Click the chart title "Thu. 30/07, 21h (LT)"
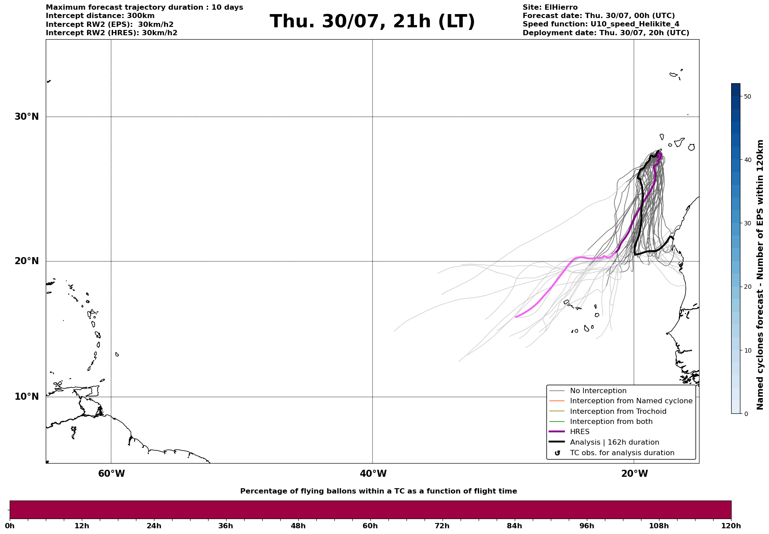372,22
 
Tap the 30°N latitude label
27,117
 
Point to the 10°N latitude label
27,397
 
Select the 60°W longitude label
111,474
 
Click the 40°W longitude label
373,474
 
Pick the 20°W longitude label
634,474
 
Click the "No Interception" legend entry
598,391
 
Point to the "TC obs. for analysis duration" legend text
622,453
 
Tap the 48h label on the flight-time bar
298,526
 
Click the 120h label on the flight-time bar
731,526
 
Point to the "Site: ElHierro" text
550,7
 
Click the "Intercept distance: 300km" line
100,16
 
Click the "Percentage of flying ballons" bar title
378,491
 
